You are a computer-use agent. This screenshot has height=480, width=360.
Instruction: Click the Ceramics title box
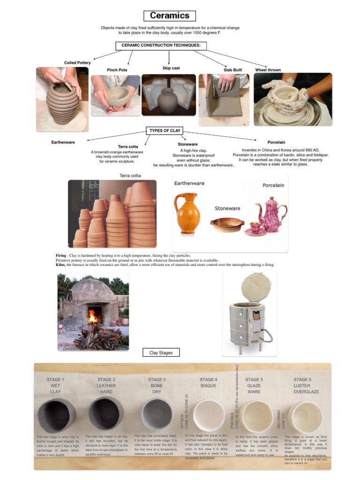click(169, 16)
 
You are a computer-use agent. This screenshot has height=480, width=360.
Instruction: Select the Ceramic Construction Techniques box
click(161, 45)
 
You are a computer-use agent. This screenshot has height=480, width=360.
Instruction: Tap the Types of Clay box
click(165, 130)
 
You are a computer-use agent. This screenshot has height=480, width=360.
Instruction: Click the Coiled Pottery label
click(77, 63)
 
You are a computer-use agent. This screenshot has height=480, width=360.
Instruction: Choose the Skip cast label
click(171, 68)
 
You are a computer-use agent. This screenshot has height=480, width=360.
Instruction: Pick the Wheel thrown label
click(268, 70)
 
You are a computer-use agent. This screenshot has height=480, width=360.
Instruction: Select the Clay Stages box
click(161, 352)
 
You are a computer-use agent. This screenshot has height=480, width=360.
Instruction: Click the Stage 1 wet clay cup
click(56, 414)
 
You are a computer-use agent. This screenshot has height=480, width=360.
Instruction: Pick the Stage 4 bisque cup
click(209, 415)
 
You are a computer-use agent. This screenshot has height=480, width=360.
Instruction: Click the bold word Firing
click(61, 255)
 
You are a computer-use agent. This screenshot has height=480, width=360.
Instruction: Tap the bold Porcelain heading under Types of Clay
click(276, 142)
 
